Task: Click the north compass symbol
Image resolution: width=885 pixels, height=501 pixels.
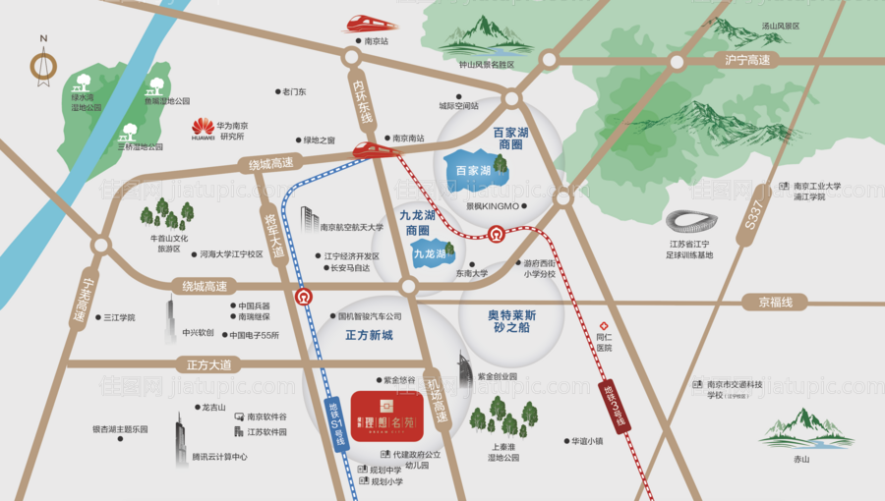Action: (43, 65)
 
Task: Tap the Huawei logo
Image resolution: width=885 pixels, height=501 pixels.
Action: (204, 126)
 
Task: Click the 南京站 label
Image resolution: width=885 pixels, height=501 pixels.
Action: (377, 42)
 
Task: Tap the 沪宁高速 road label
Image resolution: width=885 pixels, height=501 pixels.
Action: (747, 61)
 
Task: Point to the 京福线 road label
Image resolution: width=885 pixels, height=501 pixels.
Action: (768, 302)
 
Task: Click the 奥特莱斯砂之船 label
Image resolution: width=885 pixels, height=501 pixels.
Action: (511, 323)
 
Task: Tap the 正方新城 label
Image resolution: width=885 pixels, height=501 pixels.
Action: (369, 335)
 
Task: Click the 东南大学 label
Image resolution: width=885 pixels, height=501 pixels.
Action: (471, 274)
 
